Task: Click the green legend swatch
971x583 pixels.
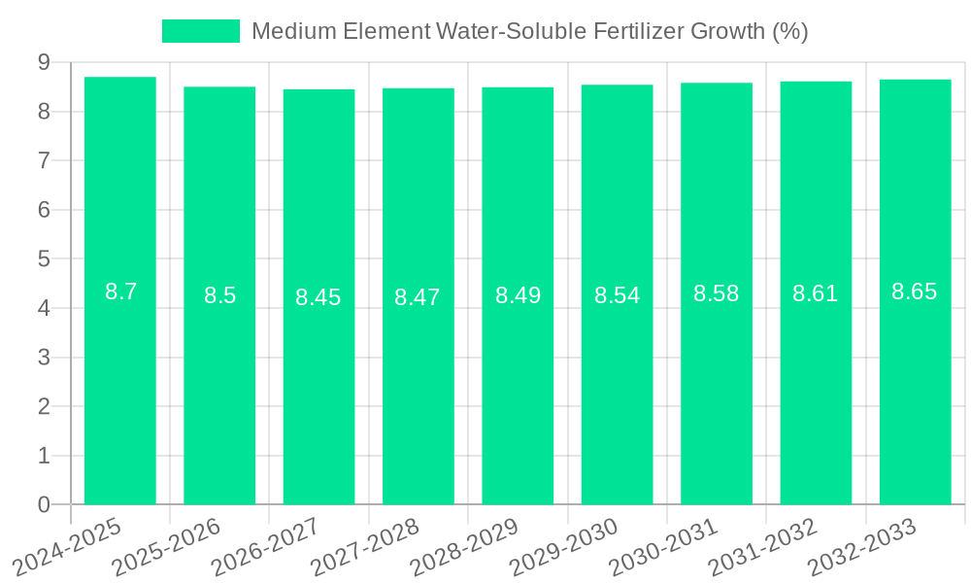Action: point(200,31)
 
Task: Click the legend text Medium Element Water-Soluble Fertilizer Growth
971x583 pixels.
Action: point(529,31)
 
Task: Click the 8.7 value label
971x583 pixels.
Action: point(120,291)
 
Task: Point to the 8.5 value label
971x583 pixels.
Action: point(219,295)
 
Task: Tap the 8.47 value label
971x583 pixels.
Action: point(418,297)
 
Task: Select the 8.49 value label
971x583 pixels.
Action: point(518,295)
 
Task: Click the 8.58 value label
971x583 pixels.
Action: point(716,293)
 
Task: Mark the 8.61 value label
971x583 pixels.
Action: point(816,293)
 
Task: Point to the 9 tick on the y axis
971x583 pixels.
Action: point(44,62)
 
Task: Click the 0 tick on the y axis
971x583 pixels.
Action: point(44,505)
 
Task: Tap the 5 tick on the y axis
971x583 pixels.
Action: point(44,259)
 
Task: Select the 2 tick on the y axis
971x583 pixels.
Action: point(44,407)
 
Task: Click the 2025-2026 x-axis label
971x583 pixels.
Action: point(168,546)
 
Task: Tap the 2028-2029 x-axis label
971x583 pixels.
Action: point(466,546)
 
